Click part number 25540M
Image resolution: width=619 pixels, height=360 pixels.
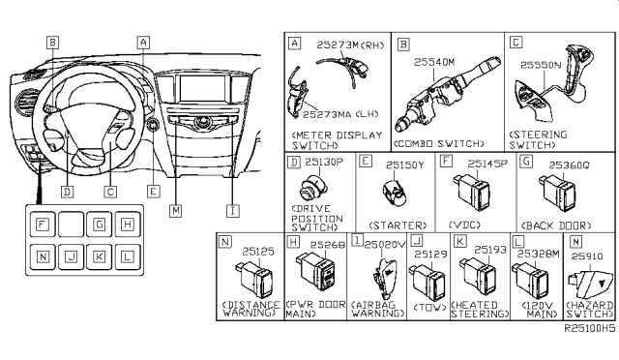point(435,60)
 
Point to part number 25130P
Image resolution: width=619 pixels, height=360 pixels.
point(325,162)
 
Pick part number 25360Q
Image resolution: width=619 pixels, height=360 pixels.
point(571,165)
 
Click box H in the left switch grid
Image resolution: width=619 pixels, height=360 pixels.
point(128,225)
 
